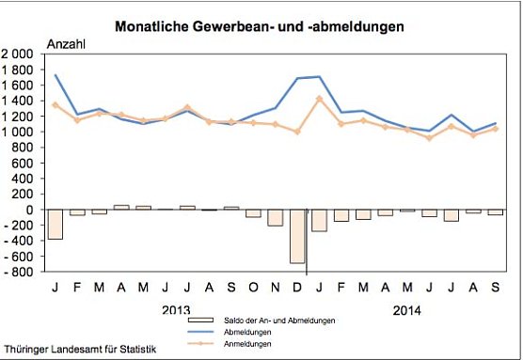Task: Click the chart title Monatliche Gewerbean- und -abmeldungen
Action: tap(260, 27)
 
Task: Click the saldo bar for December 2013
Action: tap(298, 236)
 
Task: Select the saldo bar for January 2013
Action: tap(55, 224)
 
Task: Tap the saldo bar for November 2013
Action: tap(275, 217)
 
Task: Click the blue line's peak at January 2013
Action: tap(55, 75)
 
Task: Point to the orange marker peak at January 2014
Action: tap(320, 98)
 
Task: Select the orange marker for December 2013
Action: tap(298, 132)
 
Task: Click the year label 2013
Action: tap(176, 309)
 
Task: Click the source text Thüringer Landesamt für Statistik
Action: tap(69, 348)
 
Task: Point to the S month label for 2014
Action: tap(495, 287)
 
